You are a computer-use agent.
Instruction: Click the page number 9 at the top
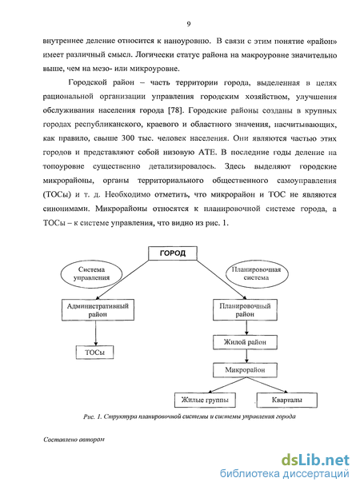188,24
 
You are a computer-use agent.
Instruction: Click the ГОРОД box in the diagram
173,253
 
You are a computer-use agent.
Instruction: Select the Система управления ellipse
91,273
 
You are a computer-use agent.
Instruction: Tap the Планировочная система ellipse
257,273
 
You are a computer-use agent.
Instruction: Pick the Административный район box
98,310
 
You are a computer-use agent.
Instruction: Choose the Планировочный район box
245,310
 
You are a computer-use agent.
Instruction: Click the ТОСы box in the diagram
94,353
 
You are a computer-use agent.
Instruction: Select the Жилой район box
245,342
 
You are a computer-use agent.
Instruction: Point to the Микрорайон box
245,370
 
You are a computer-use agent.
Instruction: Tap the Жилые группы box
205,400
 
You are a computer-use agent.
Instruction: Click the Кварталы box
287,400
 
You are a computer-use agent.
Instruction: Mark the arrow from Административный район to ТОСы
96,333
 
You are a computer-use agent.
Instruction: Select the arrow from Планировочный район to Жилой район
246,328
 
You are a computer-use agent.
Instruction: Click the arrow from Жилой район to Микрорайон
246,356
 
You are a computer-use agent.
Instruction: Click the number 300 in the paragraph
128,138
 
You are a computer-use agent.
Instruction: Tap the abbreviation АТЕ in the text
207,152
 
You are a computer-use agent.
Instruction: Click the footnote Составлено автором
74,440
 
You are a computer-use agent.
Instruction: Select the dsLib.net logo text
315,460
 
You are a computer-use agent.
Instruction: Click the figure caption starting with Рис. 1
190,416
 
